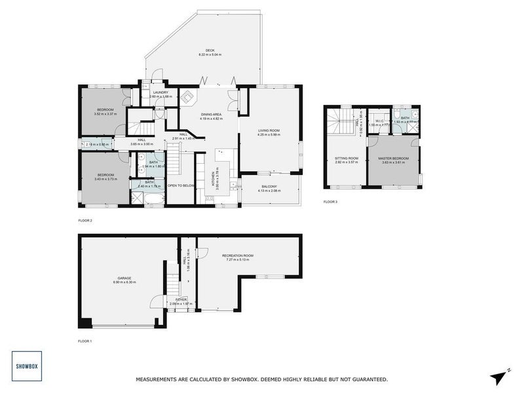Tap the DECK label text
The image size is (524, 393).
coord(210,50)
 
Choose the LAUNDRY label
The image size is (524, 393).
coord(161,92)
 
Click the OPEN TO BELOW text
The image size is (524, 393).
coord(181,185)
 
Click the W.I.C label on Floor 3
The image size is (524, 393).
coord(378,120)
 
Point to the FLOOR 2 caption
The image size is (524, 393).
coord(86,221)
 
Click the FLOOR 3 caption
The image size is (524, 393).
coord(331,202)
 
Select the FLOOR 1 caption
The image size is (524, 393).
coord(86,341)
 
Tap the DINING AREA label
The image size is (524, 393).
coord(212,115)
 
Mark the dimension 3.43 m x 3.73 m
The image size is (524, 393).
coord(105,178)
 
